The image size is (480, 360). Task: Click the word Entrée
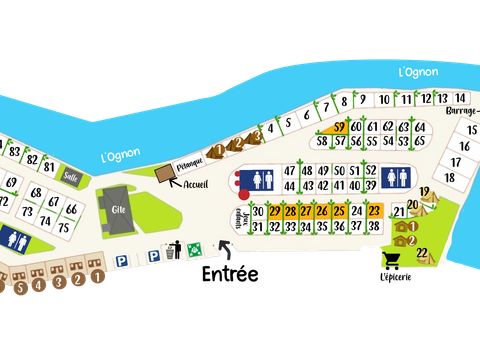pyautogui.click(x=230, y=273)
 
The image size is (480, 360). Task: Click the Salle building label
pyautogui.click(x=70, y=176)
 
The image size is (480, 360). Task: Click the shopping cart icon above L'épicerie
pyautogui.click(x=393, y=259)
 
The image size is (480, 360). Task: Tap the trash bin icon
pyautogui.click(x=175, y=251)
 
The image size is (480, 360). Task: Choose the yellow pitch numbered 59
pyautogui.click(x=340, y=127)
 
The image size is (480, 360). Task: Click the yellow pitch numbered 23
pyautogui.click(x=374, y=211)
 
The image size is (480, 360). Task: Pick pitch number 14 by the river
pyautogui.click(x=459, y=98)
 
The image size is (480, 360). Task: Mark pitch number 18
pyautogui.click(x=450, y=177)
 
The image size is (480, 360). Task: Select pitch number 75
pyautogui.click(x=63, y=227)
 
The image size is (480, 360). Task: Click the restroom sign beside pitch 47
pyautogui.click(x=260, y=178)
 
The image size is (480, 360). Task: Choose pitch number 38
pyautogui.click(x=374, y=227)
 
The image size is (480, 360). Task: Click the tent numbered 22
pyautogui.click(x=421, y=251)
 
